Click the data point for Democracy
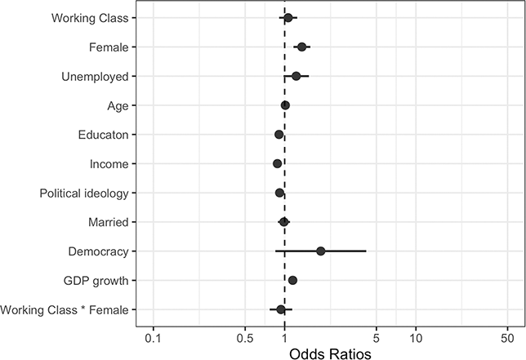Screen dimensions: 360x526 pyautogui.click(x=321, y=251)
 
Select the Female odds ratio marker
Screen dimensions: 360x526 pyautogui.click(x=301, y=47)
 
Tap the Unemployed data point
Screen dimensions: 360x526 pyautogui.click(x=296, y=77)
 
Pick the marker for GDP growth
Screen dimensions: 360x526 pyautogui.click(x=292, y=281)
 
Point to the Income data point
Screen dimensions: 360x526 pyautogui.click(x=278, y=164)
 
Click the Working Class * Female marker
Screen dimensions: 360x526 pyautogui.click(x=281, y=309)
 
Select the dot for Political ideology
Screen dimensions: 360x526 pyautogui.click(x=279, y=193)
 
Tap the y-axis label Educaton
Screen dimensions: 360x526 pyautogui.click(x=100, y=135)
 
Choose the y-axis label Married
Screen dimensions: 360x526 pyautogui.click(x=108, y=222)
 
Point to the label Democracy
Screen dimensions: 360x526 pyautogui.click(x=98, y=251)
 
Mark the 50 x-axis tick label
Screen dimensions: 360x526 pyautogui.click(x=506, y=338)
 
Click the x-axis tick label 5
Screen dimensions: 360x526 pyautogui.click(x=376, y=338)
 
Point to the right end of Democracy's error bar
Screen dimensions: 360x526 pyautogui.click(x=366, y=251)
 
